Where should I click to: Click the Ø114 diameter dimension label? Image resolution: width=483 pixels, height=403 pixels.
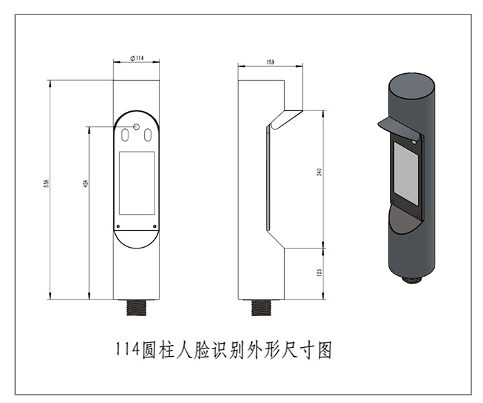[x=137, y=58]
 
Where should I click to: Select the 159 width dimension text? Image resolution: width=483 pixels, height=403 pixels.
[x=270, y=62]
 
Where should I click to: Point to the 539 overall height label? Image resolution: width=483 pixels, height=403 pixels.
[x=46, y=184]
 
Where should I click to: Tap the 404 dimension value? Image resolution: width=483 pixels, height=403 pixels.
[x=86, y=184]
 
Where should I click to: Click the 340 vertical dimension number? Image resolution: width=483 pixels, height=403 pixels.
[x=319, y=173]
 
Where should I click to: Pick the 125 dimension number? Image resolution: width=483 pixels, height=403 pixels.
[x=319, y=273]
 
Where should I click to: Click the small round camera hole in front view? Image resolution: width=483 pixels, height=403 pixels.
[x=137, y=127]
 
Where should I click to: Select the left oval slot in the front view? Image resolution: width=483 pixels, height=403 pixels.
[x=125, y=135]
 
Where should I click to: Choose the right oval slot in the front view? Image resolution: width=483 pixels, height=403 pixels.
[x=148, y=135]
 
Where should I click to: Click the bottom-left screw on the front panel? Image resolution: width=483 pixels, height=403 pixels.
[x=118, y=226]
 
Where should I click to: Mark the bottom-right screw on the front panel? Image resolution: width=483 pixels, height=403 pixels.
[x=155, y=226]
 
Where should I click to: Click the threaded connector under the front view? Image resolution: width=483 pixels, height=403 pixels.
[x=137, y=308]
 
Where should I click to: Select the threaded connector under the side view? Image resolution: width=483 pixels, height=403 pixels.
[x=261, y=308]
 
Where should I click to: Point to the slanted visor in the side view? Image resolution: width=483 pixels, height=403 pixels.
[x=285, y=119]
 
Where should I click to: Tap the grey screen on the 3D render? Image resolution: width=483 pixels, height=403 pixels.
[x=406, y=174]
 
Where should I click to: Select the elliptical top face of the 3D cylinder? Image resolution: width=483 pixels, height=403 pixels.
[x=411, y=86]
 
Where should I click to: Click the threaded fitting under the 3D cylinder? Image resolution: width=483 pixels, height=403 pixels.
[x=413, y=279]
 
